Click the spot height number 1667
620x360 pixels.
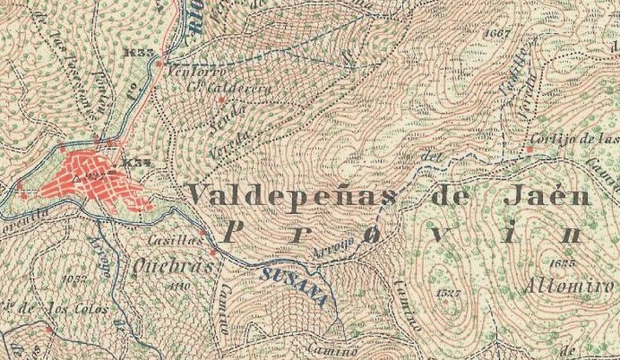[495, 33]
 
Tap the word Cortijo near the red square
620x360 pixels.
[554, 138]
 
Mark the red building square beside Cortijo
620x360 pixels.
[530, 149]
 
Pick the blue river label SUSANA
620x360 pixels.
[293, 285]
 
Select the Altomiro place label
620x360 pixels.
[568, 287]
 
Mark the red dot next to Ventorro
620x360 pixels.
[159, 64]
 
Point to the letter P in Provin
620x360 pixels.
[230, 232]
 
